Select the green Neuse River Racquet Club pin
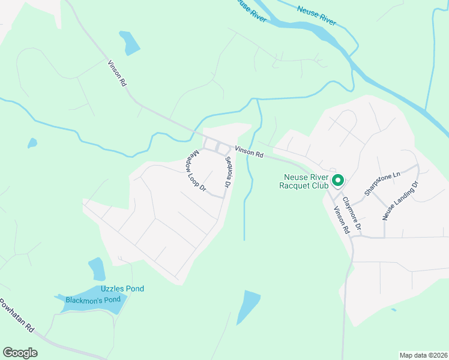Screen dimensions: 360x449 [x=337, y=179]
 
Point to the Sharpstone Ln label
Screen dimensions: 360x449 [x=381, y=184]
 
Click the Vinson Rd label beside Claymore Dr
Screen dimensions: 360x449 [x=341, y=220]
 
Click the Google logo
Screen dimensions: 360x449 [x=20, y=353]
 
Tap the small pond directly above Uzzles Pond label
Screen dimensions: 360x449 [x=97, y=268]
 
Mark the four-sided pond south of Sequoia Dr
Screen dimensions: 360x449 [x=248, y=306]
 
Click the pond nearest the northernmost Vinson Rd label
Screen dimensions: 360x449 [x=129, y=42]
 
